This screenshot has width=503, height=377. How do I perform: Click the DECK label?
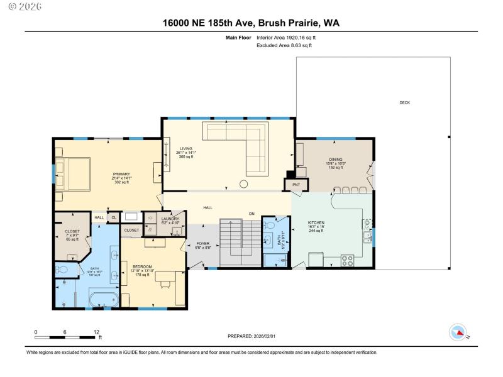[404, 102]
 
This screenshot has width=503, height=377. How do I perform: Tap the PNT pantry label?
[296, 185]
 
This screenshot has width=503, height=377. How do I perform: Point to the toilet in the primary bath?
[62, 269]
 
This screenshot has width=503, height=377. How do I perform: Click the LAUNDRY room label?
[153, 220]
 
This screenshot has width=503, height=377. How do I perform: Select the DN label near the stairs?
[251, 213]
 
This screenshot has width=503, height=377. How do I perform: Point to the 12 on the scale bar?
[96, 332]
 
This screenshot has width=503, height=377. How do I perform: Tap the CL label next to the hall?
[114, 217]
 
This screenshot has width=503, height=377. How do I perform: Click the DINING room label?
[335, 161]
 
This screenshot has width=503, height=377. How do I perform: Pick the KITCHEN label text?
[316, 224]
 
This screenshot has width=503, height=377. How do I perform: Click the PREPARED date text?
[251, 336]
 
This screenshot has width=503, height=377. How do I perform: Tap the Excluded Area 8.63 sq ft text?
[284, 45]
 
